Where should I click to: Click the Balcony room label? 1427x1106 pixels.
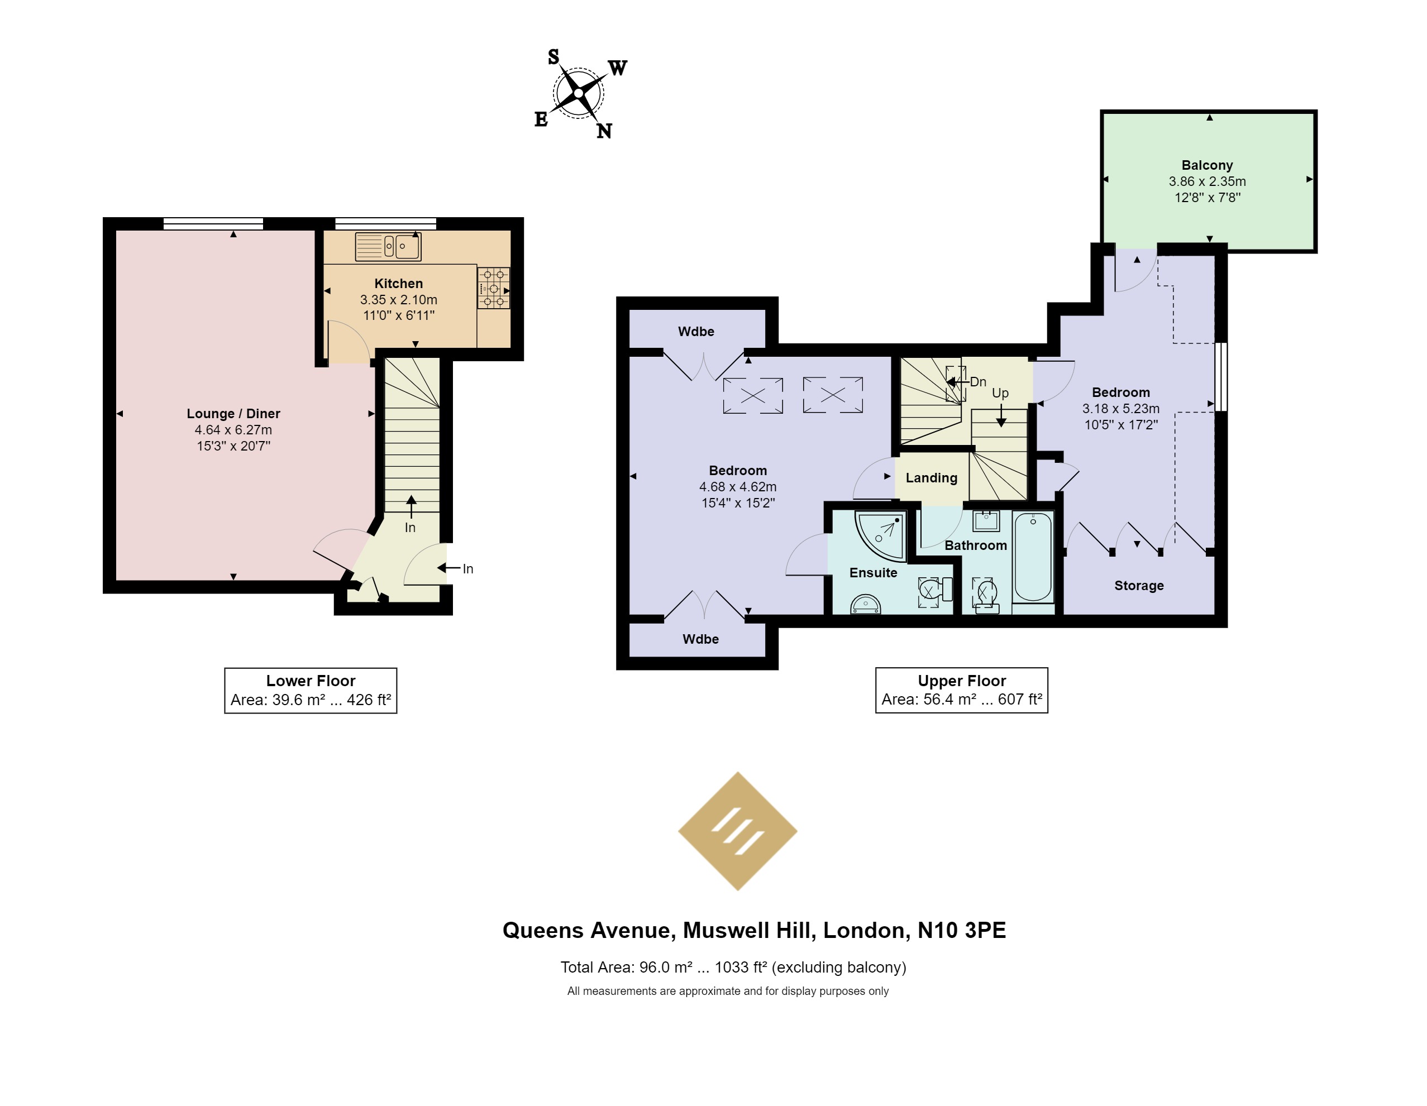pyautogui.click(x=1207, y=165)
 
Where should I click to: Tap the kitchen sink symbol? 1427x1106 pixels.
pyautogui.click(x=388, y=246)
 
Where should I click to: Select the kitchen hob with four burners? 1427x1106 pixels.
pyautogui.click(x=493, y=288)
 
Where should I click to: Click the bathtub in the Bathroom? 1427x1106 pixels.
pyautogui.click(x=1033, y=556)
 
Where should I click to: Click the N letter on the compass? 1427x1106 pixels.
pyautogui.click(x=604, y=131)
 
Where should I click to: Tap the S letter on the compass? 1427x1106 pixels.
pyautogui.click(x=553, y=58)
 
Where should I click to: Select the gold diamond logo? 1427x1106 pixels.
pyautogui.click(x=738, y=831)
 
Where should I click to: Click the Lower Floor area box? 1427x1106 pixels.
pyautogui.click(x=311, y=691)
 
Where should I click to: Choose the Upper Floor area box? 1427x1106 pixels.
pyautogui.click(x=962, y=691)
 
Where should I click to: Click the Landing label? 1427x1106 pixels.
pyautogui.click(x=931, y=477)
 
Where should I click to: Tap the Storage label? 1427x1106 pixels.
pyautogui.click(x=1139, y=585)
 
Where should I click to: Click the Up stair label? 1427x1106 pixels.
pyautogui.click(x=1000, y=393)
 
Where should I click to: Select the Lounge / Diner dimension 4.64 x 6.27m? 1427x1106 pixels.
pyautogui.click(x=233, y=430)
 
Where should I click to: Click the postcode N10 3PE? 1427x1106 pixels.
pyautogui.click(x=962, y=930)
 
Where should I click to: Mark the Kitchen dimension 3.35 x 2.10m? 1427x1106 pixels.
pyautogui.click(x=399, y=300)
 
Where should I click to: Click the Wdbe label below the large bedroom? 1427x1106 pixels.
pyautogui.click(x=700, y=639)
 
